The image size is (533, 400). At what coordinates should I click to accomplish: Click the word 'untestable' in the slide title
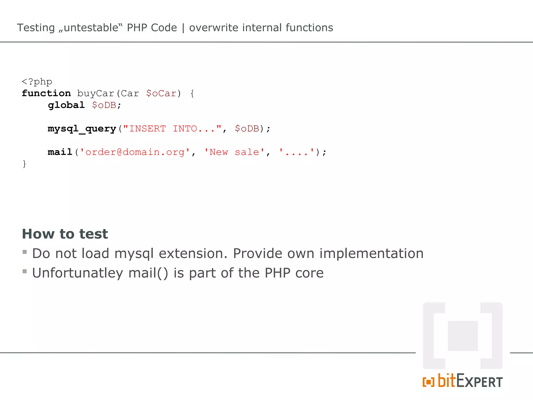pos(91,28)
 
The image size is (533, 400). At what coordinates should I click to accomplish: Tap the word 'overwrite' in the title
pos(214,28)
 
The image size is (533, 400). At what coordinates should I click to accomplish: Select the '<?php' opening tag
pos(37,82)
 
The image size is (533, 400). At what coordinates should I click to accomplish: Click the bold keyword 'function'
pos(46,93)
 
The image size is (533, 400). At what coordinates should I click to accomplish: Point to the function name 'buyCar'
pos(96,93)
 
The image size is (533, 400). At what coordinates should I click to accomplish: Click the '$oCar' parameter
pos(161,93)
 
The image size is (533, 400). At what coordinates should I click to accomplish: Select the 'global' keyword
pos(66,105)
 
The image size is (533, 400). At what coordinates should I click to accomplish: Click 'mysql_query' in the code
pos(82,129)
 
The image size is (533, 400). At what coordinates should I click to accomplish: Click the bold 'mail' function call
pos(60,152)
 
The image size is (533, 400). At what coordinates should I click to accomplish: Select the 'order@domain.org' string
pos(135,152)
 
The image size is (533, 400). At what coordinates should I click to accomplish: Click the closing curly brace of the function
pos(24,164)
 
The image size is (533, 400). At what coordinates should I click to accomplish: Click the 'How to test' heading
pos(65,234)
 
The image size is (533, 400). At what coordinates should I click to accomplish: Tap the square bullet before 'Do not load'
pos(25,252)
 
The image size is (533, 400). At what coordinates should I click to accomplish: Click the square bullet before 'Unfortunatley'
pos(25,271)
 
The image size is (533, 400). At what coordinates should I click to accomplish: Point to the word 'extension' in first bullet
pos(193,253)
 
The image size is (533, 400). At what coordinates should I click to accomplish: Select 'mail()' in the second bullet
pos(148,273)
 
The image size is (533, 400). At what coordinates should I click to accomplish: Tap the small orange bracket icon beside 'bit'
pos(428,382)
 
